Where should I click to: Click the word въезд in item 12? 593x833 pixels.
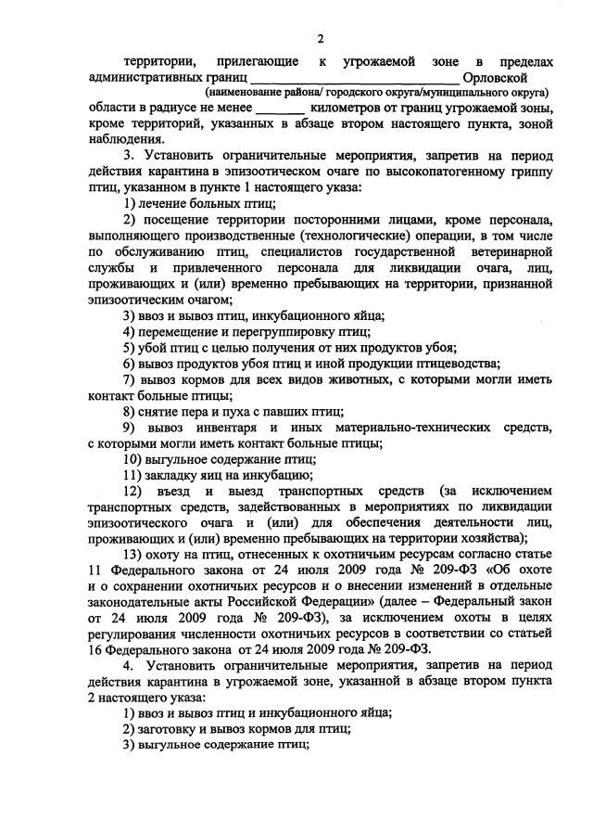point(188,492)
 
